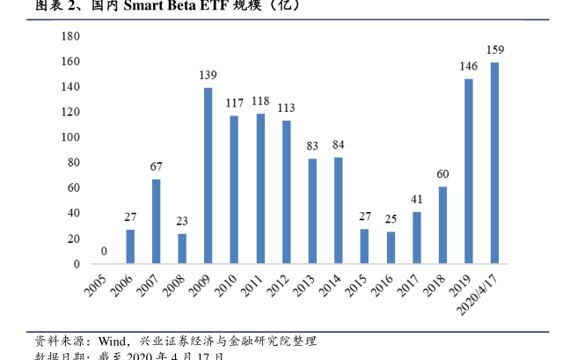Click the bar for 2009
pyautogui.click(x=208, y=175)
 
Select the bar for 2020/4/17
pyautogui.click(x=494, y=163)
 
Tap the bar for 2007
pyautogui.click(x=156, y=221)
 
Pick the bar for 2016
pyautogui.click(x=391, y=247)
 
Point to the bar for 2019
pyautogui.click(x=469, y=171)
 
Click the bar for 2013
pyautogui.click(x=312, y=210)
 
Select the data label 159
pyautogui.click(x=495, y=49)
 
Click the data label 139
pyautogui.click(x=208, y=75)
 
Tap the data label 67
pyautogui.click(x=156, y=166)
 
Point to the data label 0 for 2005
pyautogui.click(x=105, y=252)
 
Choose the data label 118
pyautogui.click(x=260, y=101)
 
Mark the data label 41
pyautogui.click(x=416, y=199)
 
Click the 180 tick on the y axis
pyautogui.click(x=71, y=36)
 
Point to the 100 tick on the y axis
pyautogui.click(x=71, y=137)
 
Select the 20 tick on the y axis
pyautogui.click(x=74, y=239)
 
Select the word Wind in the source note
pyautogui.click(x=113, y=341)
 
